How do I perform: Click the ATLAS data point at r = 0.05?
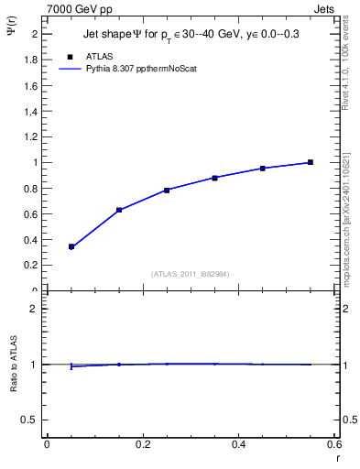pyautogui.click(x=71, y=246)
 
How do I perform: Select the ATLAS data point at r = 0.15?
pyautogui.click(x=119, y=210)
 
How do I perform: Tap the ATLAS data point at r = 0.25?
pyautogui.click(x=167, y=190)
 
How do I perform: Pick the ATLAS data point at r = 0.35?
pyautogui.click(x=214, y=178)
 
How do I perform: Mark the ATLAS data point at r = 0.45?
pyautogui.click(x=263, y=169)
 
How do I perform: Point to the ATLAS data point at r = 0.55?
pyautogui.click(x=311, y=162)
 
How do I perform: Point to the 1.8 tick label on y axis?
pyautogui.click(x=31, y=60)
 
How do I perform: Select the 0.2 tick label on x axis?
pyautogui.click(x=142, y=444)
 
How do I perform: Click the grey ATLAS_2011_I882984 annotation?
pyautogui.click(x=190, y=273)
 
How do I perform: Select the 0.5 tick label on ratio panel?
pyautogui.click(x=32, y=420)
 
